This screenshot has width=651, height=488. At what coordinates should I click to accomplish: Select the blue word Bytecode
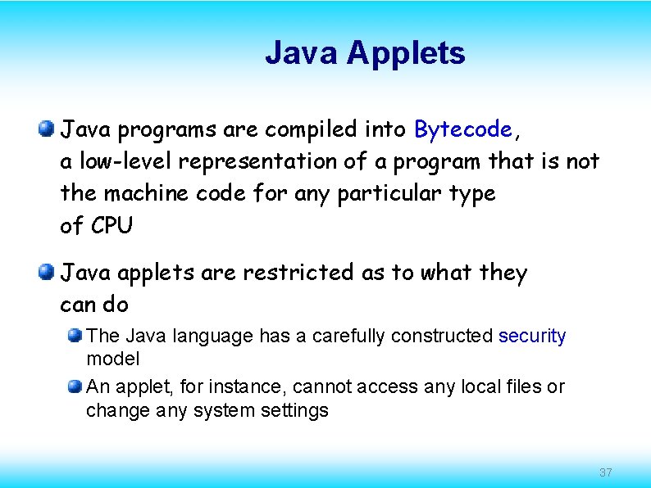click(x=463, y=129)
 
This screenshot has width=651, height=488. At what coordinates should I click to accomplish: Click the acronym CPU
click(x=111, y=225)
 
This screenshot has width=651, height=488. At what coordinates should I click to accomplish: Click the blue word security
click(x=532, y=336)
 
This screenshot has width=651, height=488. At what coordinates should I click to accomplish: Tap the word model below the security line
click(x=113, y=359)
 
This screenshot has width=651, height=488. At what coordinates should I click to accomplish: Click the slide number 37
click(x=606, y=472)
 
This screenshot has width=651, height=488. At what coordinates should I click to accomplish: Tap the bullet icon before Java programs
click(x=47, y=128)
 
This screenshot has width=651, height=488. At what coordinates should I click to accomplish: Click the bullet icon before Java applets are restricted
click(x=47, y=272)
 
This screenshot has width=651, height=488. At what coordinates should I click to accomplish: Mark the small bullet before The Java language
click(x=75, y=335)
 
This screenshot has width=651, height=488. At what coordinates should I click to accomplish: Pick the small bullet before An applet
click(x=75, y=386)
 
